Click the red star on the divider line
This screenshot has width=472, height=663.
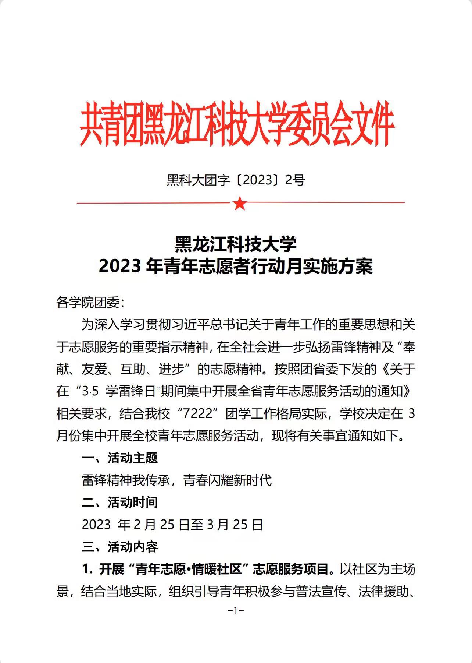(x=240, y=203)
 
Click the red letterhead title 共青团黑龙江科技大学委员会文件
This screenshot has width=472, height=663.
(x=237, y=124)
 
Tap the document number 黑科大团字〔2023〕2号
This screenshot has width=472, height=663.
(x=236, y=180)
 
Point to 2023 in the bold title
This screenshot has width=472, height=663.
(x=120, y=266)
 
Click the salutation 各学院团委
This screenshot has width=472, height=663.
(x=90, y=303)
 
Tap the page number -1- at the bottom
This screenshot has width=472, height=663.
(x=236, y=611)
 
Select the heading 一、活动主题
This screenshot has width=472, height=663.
(x=120, y=458)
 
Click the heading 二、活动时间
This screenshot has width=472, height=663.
(x=120, y=502)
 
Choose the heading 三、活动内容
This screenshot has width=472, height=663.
(x=120, y=547)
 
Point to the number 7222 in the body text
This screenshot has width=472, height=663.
(x=198, y=413)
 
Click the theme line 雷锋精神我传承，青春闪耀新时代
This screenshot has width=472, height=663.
(x=177, y=480)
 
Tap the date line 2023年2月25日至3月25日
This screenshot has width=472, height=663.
(x=172, y=525)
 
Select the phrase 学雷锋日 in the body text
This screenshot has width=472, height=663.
(x=130, y=391)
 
